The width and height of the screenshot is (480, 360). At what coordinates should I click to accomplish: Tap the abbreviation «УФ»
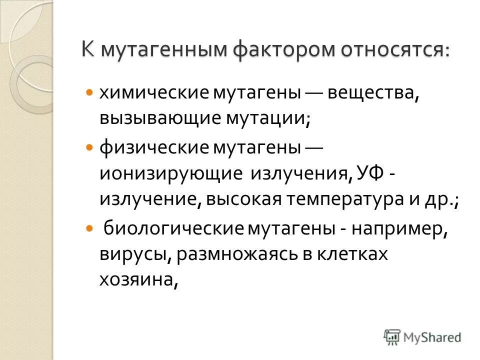tap(369, 173)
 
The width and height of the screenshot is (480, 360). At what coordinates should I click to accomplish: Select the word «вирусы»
tap(134, 254)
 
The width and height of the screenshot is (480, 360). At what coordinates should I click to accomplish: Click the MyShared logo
tap(422, 336)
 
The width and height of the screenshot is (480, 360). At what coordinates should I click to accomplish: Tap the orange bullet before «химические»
tap(89, 93)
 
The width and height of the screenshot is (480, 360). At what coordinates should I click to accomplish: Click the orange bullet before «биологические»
tap(89, 228)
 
